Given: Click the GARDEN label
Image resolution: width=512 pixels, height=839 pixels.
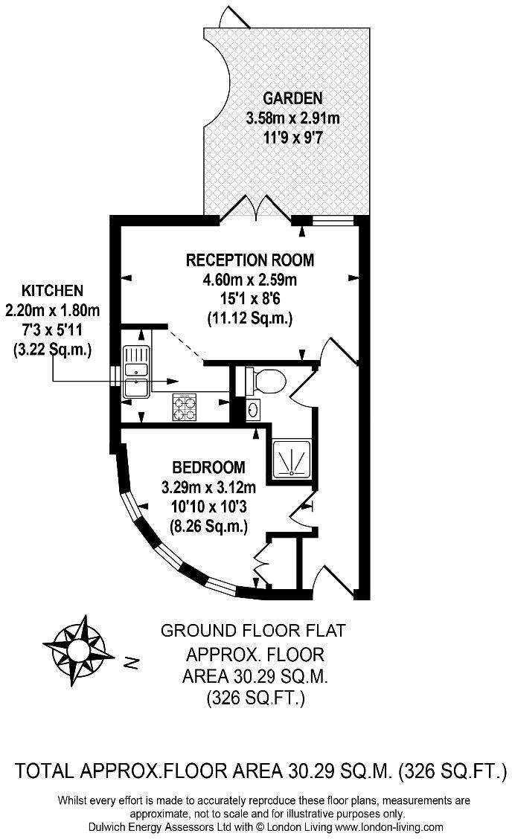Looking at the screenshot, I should coord(293,98).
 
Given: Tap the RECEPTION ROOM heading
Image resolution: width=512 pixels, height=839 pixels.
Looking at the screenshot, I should coord(250,260).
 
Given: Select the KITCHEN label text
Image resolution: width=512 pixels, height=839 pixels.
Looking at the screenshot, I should coord(52,291).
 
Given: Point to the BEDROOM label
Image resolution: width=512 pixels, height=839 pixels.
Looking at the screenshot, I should coord(208,468).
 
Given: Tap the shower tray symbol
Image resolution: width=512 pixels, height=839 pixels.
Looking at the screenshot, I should coord(292,459).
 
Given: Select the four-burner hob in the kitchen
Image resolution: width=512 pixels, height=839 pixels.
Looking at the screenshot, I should coord(184,405).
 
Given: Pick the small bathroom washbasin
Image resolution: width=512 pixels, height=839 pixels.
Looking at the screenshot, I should coord(254,408).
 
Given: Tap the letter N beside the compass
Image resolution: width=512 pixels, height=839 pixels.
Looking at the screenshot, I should coord(131,661).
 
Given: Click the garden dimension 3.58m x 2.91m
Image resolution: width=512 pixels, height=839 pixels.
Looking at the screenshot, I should coord(293,118).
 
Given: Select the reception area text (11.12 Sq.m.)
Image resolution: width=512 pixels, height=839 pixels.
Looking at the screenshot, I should coord(250,319).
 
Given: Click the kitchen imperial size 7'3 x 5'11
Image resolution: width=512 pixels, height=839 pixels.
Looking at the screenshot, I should coord(52,330).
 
